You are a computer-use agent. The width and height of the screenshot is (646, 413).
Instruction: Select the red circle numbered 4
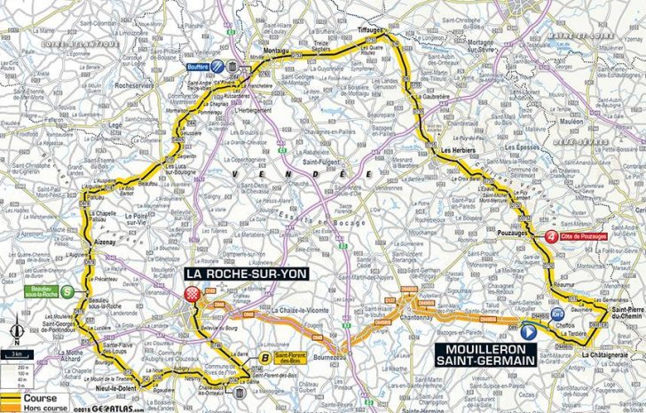pos(553,237)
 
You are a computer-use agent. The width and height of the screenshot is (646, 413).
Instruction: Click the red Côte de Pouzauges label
pos(585,237)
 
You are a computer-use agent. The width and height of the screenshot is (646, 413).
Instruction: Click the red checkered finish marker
pos(192,297)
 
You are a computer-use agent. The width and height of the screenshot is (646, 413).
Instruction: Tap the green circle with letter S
pos(67,277)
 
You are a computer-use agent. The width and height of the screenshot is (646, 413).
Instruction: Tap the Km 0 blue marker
pos(556,313)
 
